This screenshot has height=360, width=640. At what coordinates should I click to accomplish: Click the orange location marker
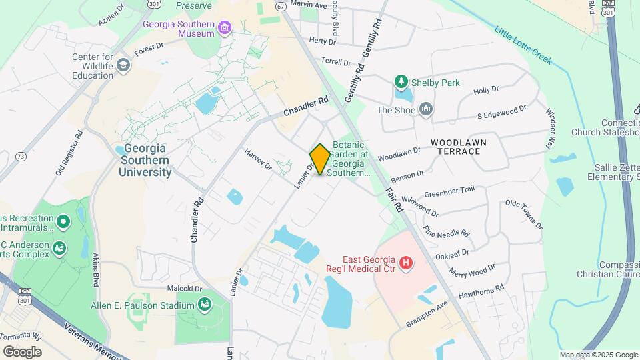pyautogui.click(x=320, y=159)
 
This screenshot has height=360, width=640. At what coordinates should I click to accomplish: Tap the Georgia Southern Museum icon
pyautogui.click(x=225, y=28)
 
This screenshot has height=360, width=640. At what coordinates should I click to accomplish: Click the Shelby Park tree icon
pyautogui.click(x=401, y=83)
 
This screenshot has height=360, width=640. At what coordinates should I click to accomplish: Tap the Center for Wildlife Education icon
pyautogui.click(x=123, y=65)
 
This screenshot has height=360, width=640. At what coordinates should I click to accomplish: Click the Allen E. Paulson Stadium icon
pyautogui.click(x=205, y=305)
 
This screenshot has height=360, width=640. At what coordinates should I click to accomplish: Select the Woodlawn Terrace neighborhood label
pyautogui.click(x=459, y=147)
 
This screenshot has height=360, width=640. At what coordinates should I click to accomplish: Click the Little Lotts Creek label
pyautogui.click(x=523, y=45)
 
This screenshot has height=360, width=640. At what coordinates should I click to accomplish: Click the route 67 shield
pyautogui.click(x=281, y=6)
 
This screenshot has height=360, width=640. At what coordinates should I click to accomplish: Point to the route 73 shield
pyautogui.click(x=21, y=157)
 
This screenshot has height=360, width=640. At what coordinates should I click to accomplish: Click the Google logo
pyautogui.click(x=22, y=351)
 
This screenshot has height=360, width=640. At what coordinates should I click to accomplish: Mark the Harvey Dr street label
pyautogui.click(x=258, y=158)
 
